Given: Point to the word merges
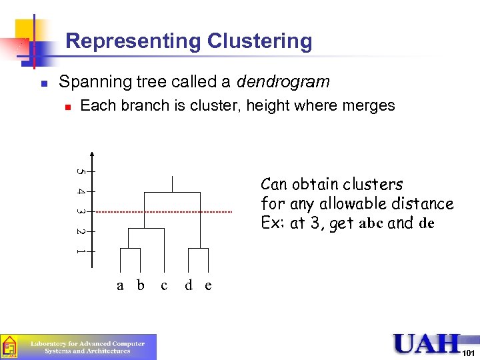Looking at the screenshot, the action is (367, 105).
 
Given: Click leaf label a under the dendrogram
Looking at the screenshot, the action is (120, 285).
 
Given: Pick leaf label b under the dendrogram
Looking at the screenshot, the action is (140, 285).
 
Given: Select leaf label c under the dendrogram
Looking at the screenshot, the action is (164, 285).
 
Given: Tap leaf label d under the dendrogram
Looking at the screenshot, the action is (189, 285).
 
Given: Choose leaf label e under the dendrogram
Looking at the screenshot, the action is (208, 285).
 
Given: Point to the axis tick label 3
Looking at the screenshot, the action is (80, 211).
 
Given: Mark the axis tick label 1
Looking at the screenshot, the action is (80, 251).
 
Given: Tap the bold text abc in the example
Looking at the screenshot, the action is (372, 224).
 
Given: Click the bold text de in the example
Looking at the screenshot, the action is (427, 224).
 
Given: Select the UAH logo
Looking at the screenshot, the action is (427, 344).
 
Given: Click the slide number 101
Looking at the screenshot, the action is (469, 352).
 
